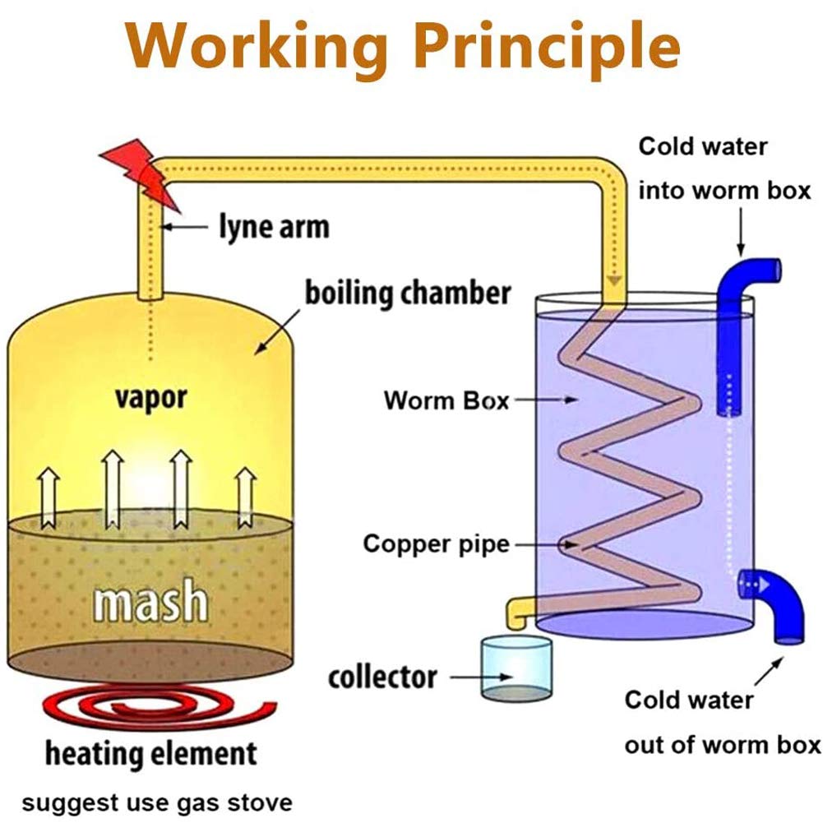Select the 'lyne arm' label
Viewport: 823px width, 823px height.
275,227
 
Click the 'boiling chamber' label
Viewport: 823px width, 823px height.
408,293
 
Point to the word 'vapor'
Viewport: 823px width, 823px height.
150,399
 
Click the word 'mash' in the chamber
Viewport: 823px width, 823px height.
150,601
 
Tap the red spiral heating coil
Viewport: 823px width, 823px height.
158,709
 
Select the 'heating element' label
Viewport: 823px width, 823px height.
151,754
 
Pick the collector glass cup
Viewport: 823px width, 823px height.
516,668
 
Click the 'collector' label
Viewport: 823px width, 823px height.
382,677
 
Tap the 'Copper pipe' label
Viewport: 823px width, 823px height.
437,543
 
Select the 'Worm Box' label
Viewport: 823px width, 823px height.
446,400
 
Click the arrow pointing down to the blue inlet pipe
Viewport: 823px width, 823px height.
741,232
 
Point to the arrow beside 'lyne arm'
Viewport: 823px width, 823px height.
184,227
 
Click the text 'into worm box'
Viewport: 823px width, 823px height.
725,191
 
